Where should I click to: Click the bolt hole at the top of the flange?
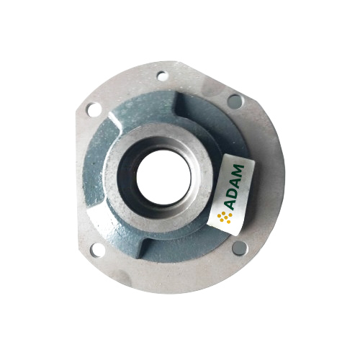(x=163, y=76)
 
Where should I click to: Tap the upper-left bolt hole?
(x=94, y=109)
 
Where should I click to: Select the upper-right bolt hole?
(x=235, y=102)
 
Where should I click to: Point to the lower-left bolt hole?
(x=97, y=251)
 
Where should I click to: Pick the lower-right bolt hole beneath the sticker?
(x=240, y=248)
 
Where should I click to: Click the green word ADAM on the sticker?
(x=233, y=187)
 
